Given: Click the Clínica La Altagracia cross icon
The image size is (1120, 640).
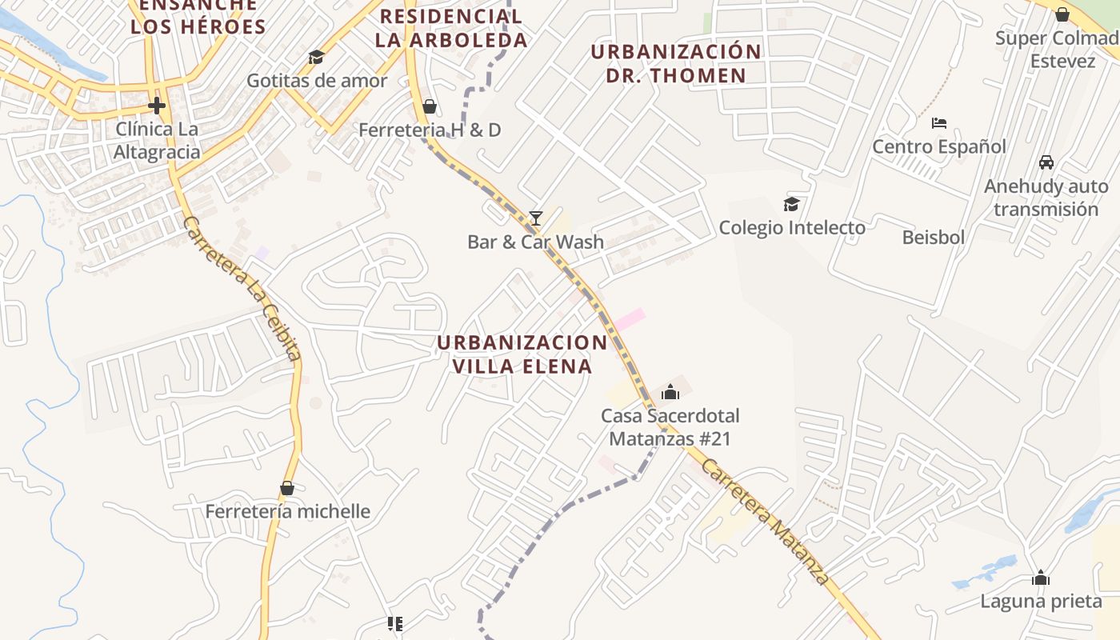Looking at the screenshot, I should [x=157, y=105].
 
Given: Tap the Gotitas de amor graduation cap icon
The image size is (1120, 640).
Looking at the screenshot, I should [x=316, y=57].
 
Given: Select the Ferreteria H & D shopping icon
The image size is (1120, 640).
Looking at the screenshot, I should [x=430, y=106].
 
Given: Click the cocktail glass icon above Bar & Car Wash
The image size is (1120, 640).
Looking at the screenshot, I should [x=536, y=218].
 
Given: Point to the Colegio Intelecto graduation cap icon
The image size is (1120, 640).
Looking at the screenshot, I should [x=792, y=204].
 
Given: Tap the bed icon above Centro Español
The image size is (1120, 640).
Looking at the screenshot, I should [x=939, y=123].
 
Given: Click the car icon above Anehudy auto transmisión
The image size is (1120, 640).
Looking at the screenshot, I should [x=1046, y=162].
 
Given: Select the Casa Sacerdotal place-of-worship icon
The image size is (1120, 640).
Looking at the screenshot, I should [x=670, y=392].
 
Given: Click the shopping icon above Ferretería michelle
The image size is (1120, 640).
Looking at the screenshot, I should [x=287, y=488].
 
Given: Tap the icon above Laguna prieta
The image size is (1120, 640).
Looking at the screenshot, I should [x=1041, y=578].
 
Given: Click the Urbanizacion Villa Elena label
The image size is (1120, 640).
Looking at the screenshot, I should [x=522, y=354].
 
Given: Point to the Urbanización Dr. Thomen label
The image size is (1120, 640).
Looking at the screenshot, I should [x=676, y=63].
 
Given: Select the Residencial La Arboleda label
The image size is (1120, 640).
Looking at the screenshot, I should [x=451, y=28].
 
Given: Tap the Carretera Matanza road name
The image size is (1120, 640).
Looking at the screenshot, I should [x=765, y=522].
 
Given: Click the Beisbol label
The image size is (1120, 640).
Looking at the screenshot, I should [x=933, y=238].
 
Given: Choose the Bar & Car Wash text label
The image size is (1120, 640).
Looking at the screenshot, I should [x=535, y=242].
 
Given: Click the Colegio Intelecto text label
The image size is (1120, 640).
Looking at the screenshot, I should [x=792, y=227].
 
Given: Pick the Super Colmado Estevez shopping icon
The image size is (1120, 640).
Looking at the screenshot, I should [x=1062, y=14].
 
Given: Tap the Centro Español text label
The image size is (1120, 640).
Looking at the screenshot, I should [x=939, y=146].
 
